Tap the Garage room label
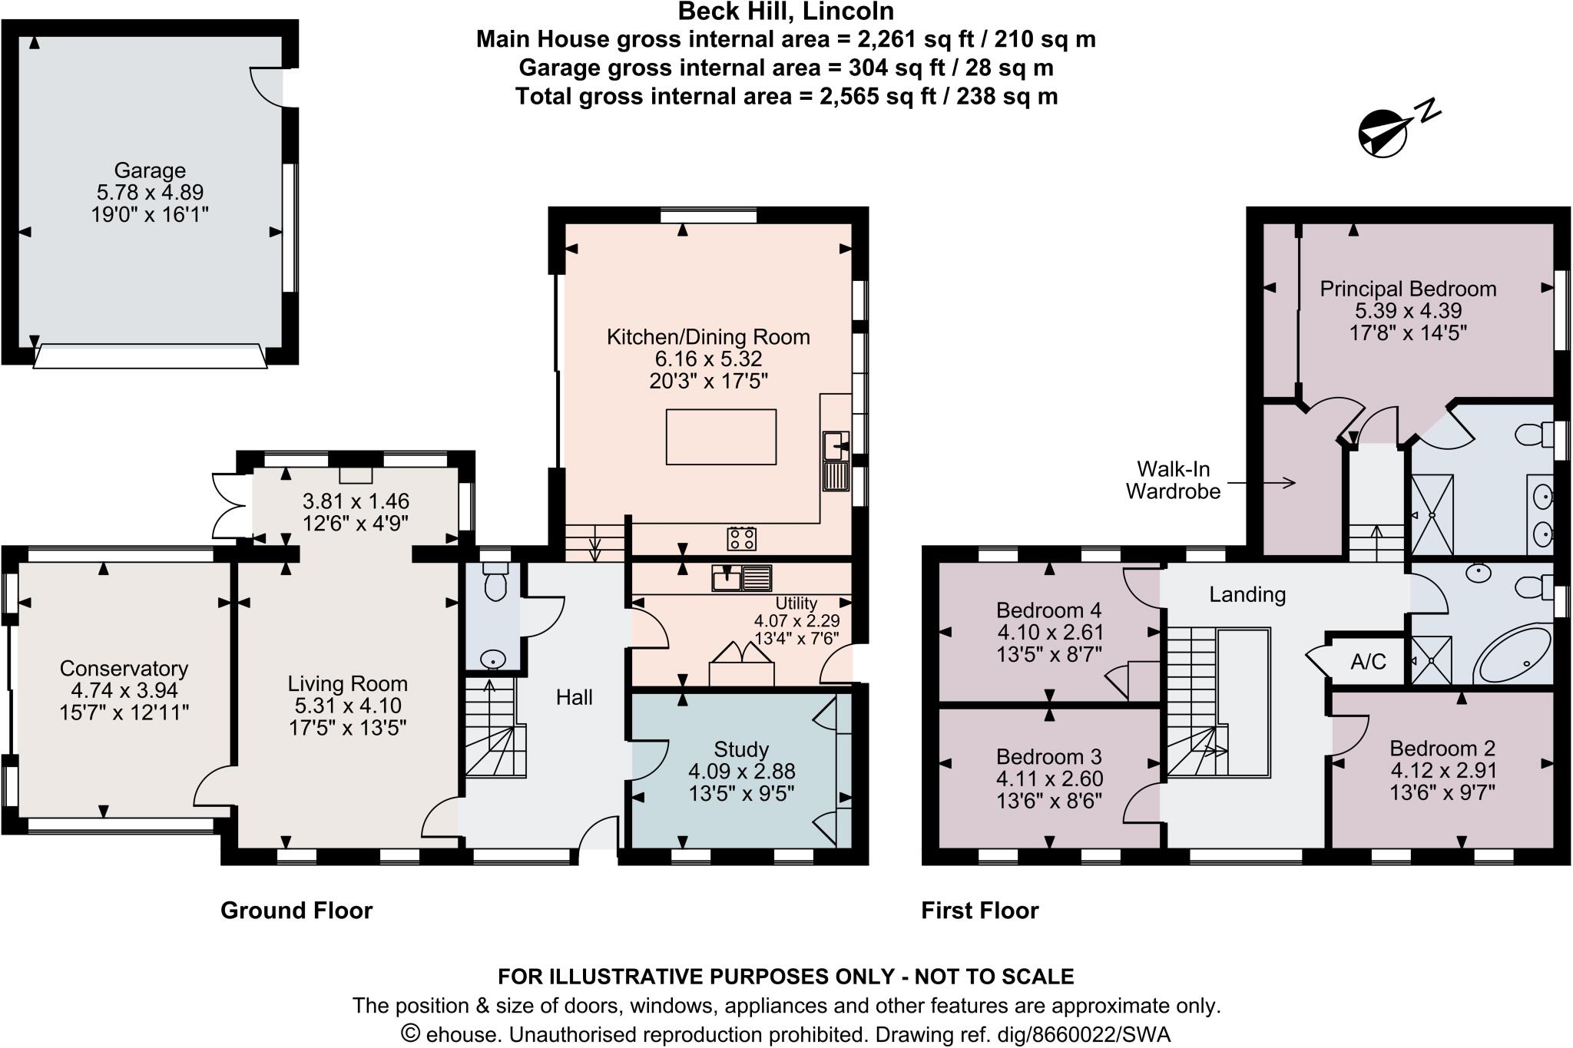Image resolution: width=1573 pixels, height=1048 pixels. (x=150, y=170)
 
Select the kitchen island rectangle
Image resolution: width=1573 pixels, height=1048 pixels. (x=720, y=437)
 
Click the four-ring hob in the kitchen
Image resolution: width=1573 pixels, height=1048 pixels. (x=742, y=538)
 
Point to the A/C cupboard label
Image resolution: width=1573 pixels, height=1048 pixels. (x=1368, y=661)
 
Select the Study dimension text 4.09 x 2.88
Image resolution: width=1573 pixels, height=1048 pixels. (x=741, y=771)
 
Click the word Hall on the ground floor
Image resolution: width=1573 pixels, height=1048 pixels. (x=574, y=697)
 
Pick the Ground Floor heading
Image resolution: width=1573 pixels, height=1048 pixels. (x=296, y=911)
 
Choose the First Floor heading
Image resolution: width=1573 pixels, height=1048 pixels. (x=979, y=911)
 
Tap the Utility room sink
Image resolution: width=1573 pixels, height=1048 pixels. (x=726, y=578)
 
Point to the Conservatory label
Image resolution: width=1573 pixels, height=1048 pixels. (x=124, y=669)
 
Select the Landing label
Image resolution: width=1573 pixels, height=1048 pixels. (x=1247, y=594)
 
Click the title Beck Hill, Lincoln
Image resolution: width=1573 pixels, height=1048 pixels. (x=786, y=12)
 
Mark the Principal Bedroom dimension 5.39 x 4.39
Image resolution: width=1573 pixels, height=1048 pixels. (x=1408, y=311)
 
